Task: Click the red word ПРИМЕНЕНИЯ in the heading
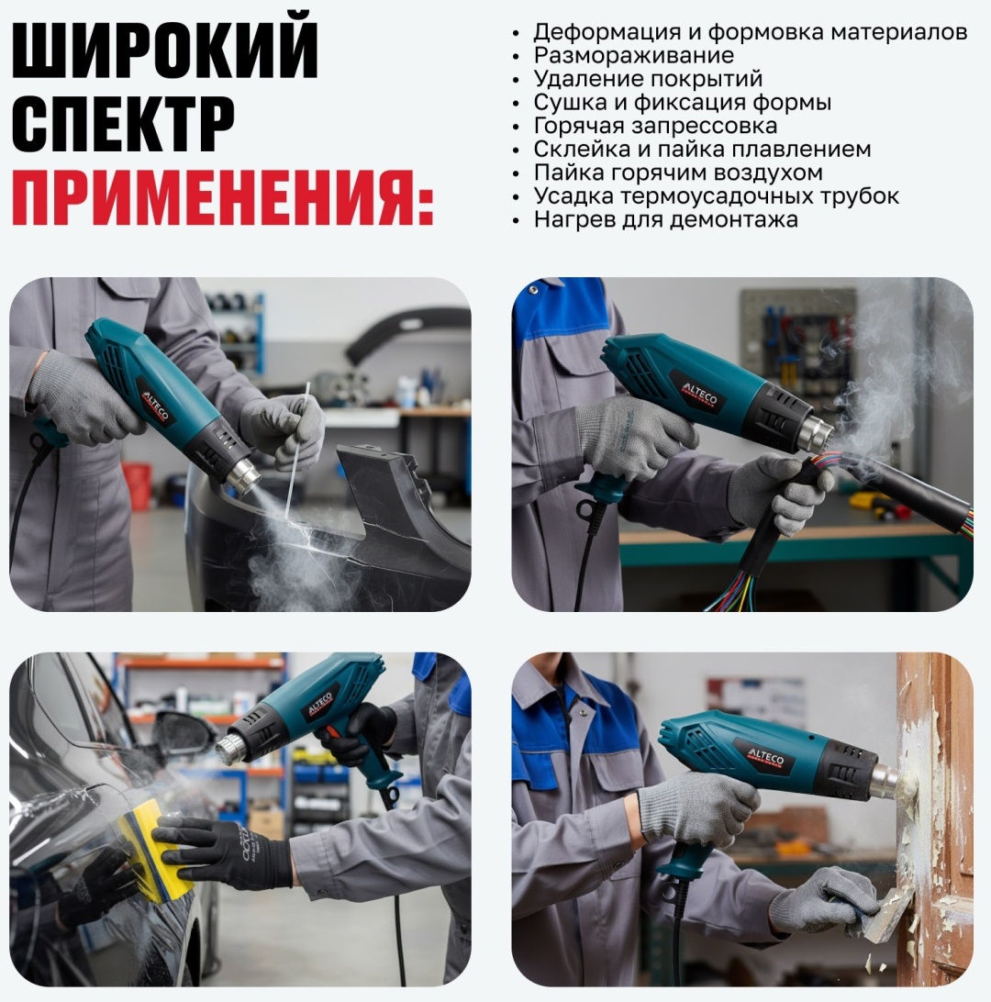222,196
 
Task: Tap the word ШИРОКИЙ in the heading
165,50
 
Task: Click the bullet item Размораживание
634,56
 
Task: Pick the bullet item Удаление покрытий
648,79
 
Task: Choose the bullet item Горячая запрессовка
655,126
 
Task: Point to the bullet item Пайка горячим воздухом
678,173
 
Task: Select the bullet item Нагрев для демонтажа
666,220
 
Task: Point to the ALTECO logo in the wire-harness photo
700,395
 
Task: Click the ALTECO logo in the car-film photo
319,704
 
